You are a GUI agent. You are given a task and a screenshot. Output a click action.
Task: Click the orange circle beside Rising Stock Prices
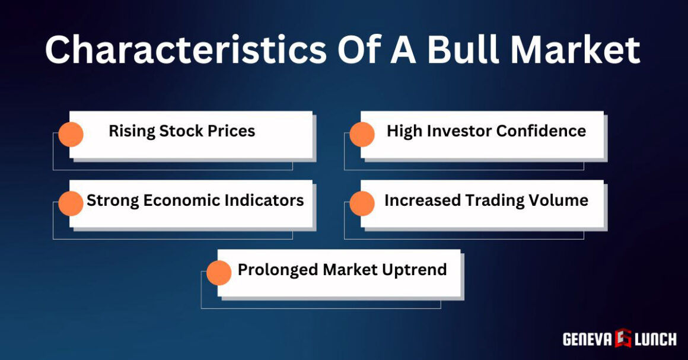71,135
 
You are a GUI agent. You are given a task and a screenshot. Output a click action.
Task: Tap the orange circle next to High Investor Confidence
362,135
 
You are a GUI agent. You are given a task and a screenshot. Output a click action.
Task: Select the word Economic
182,200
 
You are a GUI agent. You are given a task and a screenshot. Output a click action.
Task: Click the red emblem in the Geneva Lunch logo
623,339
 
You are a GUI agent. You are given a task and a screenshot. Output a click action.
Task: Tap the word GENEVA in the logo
587,339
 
